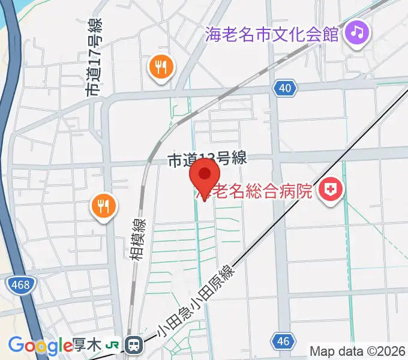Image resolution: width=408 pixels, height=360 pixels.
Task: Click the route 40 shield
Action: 285,89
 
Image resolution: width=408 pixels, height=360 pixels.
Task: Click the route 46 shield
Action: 284,342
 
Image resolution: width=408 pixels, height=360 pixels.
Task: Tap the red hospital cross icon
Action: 329,191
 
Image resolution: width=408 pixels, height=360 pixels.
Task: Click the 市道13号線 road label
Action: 207,160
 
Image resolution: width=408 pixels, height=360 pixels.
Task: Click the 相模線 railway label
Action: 137,238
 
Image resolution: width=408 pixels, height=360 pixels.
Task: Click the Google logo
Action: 40,346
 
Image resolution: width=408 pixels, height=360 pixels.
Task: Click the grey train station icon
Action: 134,345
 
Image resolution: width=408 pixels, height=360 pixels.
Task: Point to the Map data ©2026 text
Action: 357,350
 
